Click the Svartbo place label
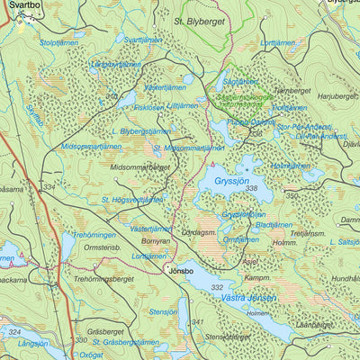point(21,4)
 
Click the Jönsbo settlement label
point(175,268)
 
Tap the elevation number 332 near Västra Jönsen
point(216,286)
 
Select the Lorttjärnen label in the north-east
point(277,43)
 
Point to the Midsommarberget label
point(139,166)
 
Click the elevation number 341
point(197,321)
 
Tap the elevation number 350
point(291,194)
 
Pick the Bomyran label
point(155,242)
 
